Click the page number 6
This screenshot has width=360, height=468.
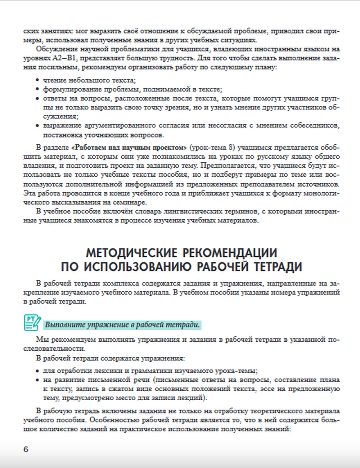click(x=26, y=449)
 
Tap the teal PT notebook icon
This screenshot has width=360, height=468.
click(x=32, y=323)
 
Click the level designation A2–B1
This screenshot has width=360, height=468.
click(x=64, y=58)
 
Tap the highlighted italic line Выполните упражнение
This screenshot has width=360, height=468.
click(x=122, y=325)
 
